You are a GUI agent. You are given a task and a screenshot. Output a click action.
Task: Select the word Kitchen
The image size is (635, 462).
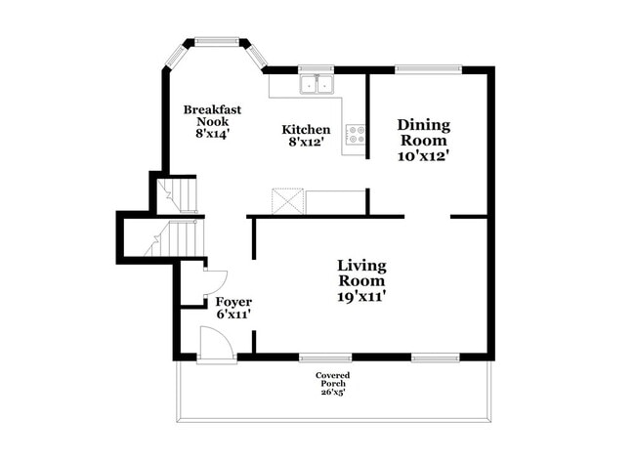click(x=306, y=130)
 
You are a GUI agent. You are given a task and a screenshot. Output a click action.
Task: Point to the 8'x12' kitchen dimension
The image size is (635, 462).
click(x=306, y=143)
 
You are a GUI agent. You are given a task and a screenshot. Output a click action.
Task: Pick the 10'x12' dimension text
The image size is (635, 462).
click(x=423, y=154)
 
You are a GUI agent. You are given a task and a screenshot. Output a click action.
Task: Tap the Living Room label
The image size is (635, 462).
click(x=361, y=273)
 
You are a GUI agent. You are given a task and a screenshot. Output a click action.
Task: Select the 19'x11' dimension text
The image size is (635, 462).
click(x=361, y=297)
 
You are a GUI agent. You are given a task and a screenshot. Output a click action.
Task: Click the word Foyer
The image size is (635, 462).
click(x=233, y=302)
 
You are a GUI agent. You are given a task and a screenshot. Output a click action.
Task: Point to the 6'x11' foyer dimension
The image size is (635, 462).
click(x=233, y=315)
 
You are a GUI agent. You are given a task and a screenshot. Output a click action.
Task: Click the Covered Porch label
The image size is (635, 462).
click(x=332, y=380)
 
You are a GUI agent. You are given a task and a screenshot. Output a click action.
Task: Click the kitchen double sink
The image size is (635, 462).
click(x=317, y=85)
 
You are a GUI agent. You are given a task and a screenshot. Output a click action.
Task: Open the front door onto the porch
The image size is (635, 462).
click(x=212, y=345)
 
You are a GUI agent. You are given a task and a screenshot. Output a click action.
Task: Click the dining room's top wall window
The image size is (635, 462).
click(x=427, y=69)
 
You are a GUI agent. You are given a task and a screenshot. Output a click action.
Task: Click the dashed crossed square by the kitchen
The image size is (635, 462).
click(x=288, y=201)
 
